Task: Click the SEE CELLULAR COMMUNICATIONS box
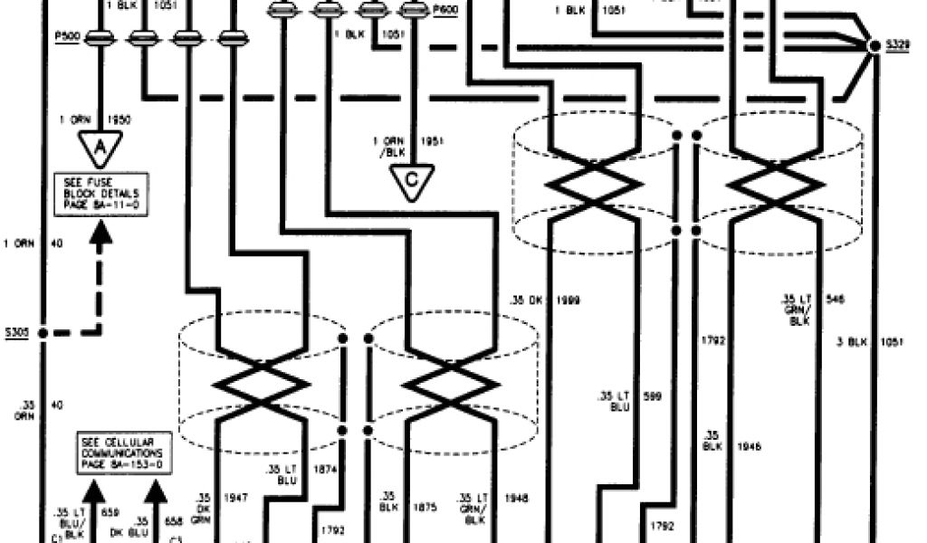(120, 450)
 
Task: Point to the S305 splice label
(17, 332)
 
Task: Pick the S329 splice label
(898, 44)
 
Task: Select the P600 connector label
(444, 10)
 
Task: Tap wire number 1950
(119, 119)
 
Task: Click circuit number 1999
(569, 299)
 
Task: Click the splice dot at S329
(874, 45)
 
